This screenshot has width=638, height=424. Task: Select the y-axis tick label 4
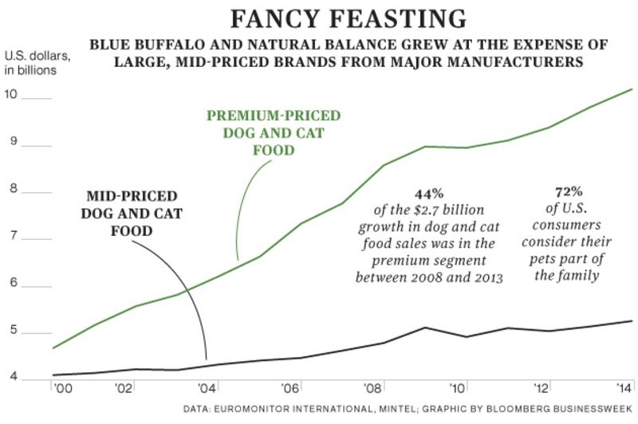[x=10, y=377]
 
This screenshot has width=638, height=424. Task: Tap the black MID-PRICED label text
[x=132, y=195]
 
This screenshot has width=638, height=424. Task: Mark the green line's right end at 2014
[x=632, y=89]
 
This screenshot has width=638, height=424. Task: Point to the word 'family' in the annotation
[x=578, y=276]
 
